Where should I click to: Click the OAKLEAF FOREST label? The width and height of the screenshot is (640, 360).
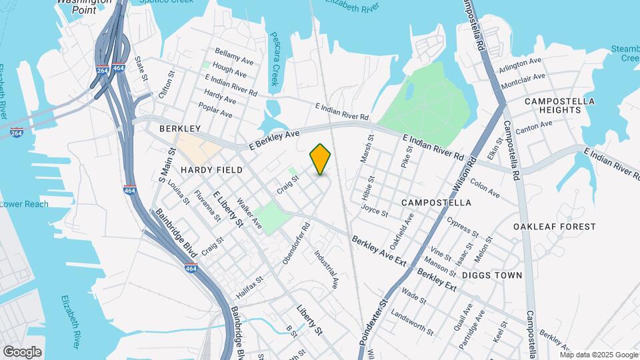pos(555,227)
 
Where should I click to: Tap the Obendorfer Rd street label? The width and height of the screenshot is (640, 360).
pos(296,243)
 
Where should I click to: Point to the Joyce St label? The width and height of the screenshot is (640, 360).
pos(374,211)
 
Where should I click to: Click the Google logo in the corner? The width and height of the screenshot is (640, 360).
pos(22,351)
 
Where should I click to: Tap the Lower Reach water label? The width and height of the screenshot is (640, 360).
pos(24,204)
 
